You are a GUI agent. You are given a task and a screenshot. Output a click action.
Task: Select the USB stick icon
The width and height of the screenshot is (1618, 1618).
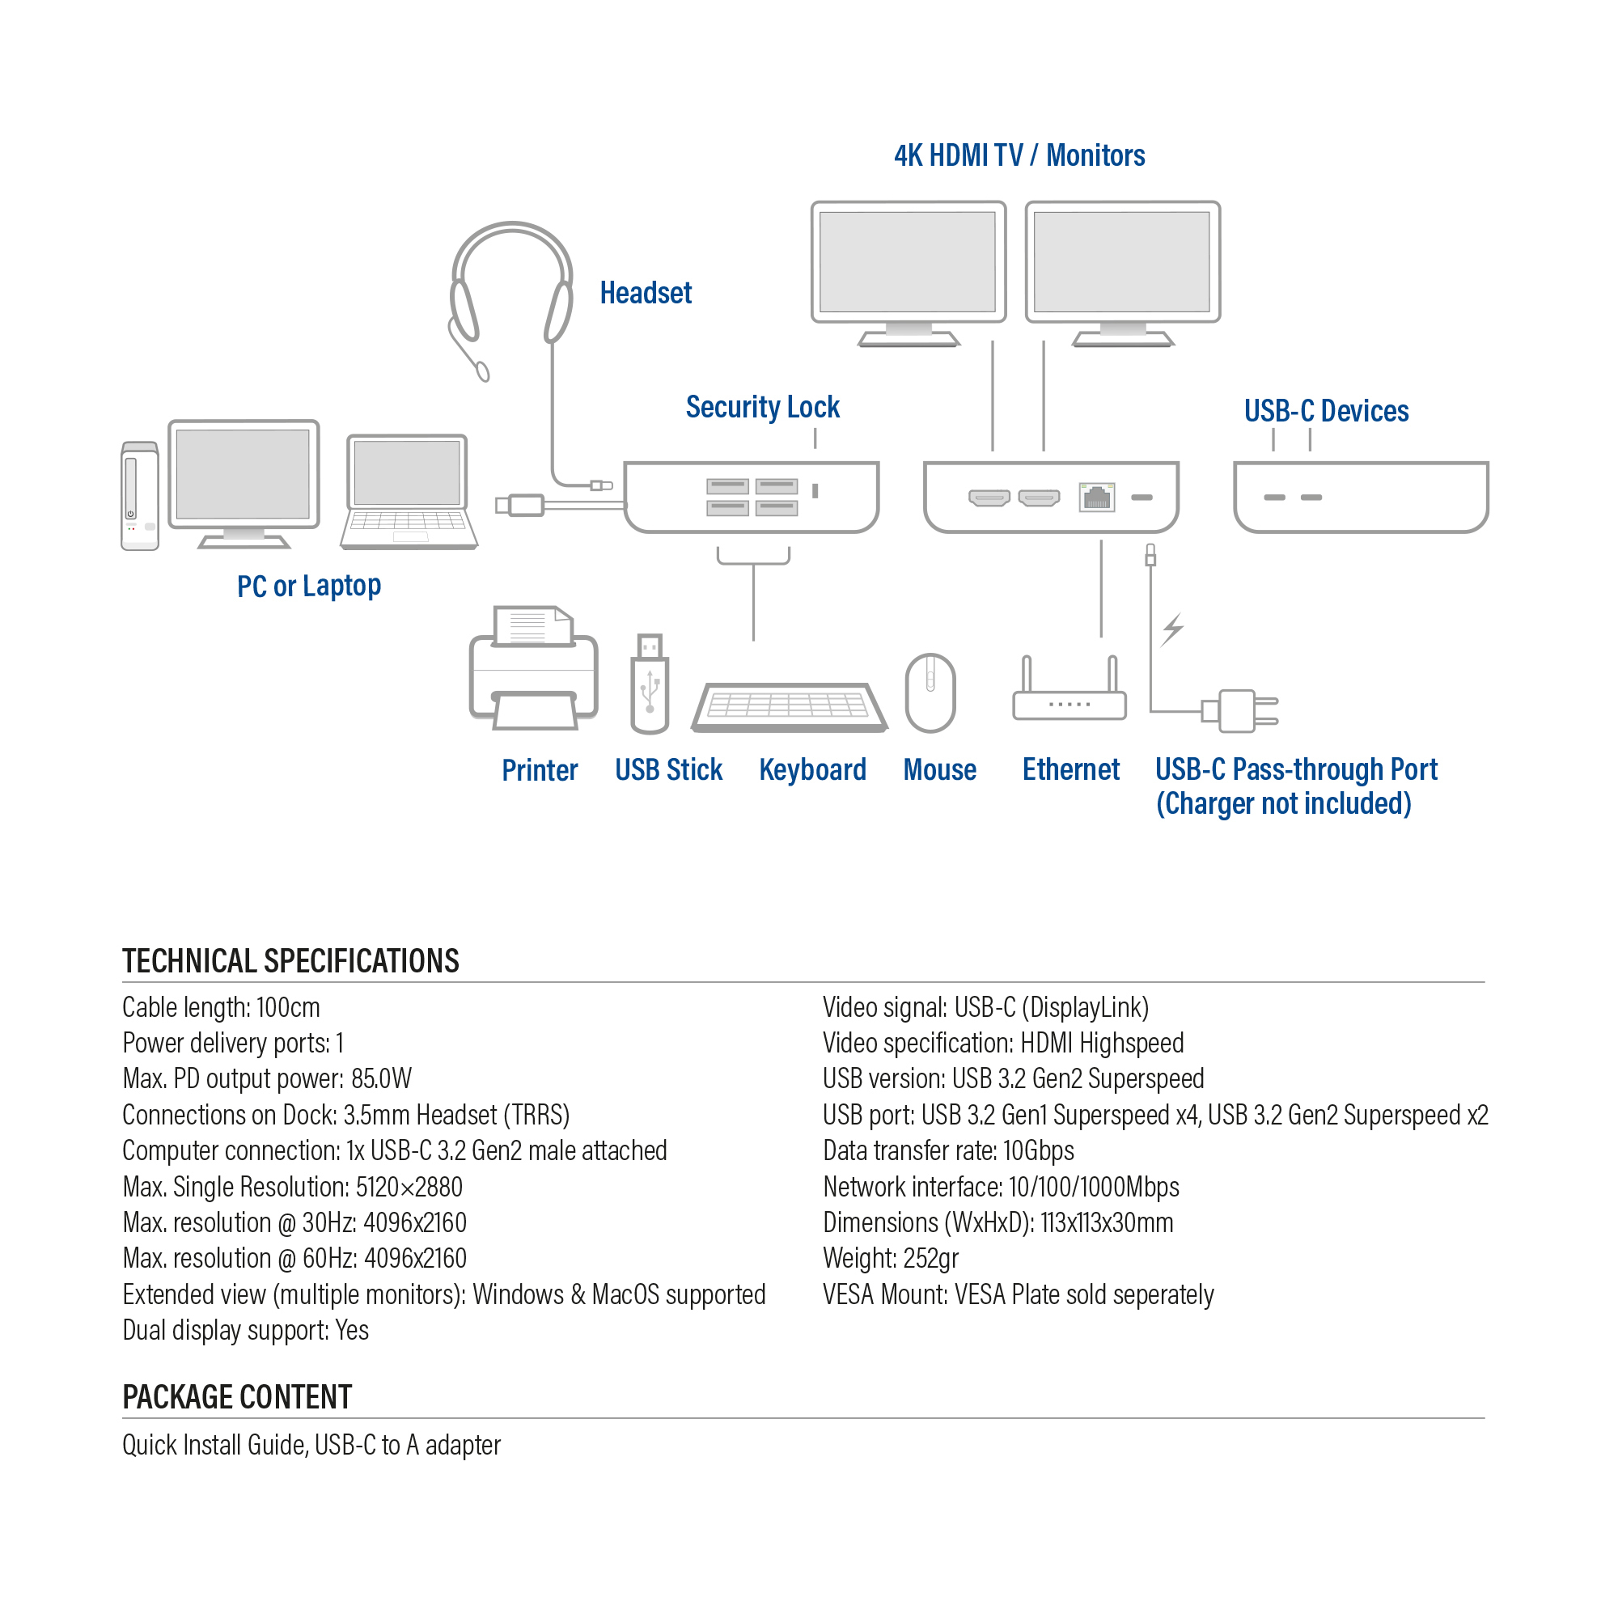coord(649,684)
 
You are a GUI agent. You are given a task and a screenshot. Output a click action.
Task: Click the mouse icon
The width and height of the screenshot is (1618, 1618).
coord(930,693)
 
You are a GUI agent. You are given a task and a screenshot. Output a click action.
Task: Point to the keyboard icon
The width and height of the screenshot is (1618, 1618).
coord(788,706)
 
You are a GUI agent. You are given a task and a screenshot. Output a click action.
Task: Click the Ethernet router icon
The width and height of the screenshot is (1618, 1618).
coord(1069,692)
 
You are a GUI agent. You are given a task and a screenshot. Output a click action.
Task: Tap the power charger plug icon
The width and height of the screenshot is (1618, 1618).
coord(1240,710)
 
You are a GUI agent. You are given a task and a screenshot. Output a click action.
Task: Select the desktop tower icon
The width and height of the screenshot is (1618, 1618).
coord(140,496)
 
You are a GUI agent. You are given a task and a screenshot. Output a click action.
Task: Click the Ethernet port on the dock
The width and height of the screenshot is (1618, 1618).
coord(1096,497)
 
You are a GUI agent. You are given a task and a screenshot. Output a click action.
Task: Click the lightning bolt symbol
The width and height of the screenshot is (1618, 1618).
coord(1172,629)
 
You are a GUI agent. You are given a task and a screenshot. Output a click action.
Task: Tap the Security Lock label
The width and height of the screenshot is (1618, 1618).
coord(762,407)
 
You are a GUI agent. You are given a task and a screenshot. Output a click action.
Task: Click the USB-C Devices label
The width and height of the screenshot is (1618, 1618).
coord(1326,411)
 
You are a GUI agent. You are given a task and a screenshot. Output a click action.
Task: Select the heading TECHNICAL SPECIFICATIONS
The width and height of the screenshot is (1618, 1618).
coord(290,960)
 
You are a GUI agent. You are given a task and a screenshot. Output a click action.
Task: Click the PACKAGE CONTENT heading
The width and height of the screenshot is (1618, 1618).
coord(237,1397)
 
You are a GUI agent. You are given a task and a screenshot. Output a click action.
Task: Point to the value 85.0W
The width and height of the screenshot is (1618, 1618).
coord(381,1078)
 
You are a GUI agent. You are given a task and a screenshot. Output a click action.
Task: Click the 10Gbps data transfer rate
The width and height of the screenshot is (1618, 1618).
coord(1038,1150)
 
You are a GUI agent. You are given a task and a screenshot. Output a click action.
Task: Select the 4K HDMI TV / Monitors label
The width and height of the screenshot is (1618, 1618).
coord(1019,156)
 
